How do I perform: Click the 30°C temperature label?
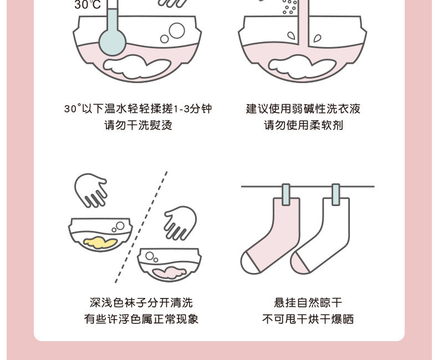tap(88, 5)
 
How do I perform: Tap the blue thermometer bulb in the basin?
tap(113, 41)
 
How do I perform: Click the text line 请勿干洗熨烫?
tap(139, 125)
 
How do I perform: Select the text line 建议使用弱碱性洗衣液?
tap(303, 109)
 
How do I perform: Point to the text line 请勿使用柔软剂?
tap(303, 125)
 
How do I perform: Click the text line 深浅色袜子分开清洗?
tap(141, 302)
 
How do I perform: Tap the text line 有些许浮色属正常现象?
tap(141, 319)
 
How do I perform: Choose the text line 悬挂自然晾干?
tap(308, 302)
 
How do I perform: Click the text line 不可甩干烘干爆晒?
tap(308, 319)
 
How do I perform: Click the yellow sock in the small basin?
tap(100, 242)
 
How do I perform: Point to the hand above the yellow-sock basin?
tap(91, 189)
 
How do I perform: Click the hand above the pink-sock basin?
tap(179, 222)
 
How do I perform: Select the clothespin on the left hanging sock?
tap(286, 194)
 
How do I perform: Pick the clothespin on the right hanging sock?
tap(336, 194)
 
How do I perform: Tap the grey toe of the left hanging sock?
tap(251, 263)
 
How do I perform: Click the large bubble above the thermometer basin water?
tap(177, 30)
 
